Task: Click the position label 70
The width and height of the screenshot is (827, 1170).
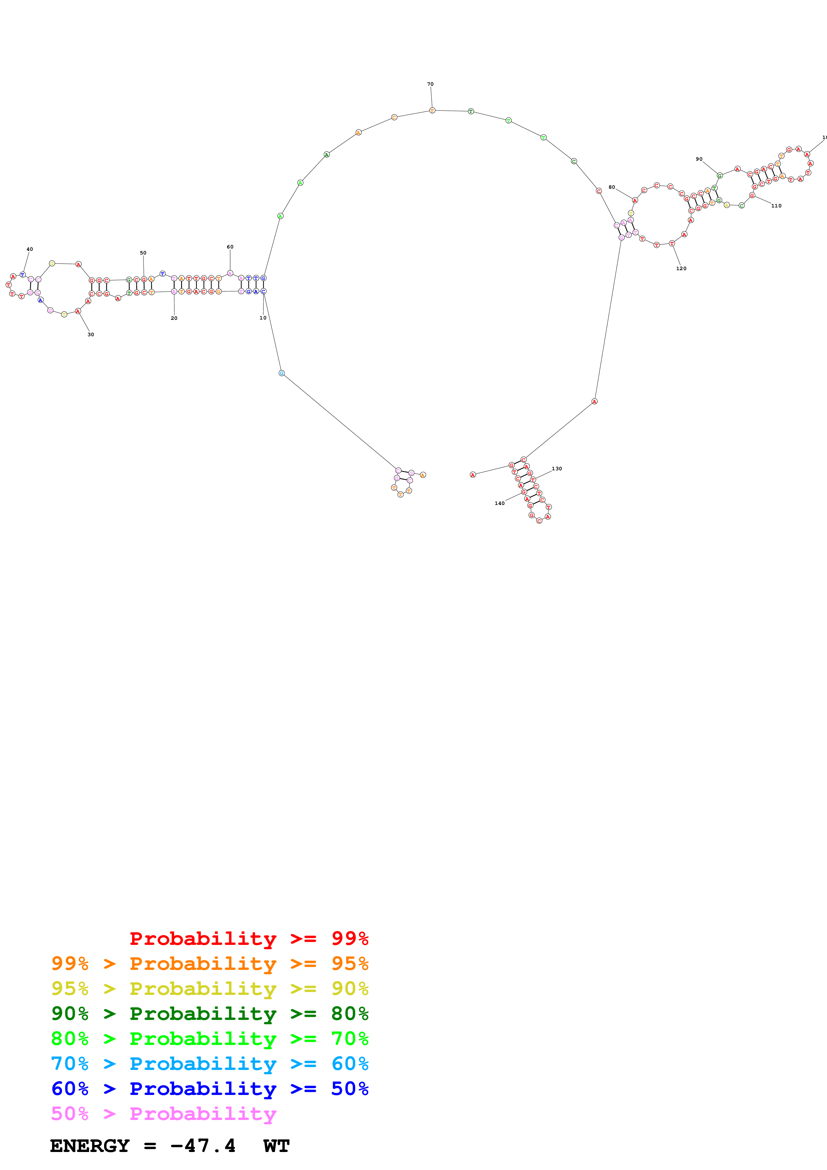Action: tap(430, 84)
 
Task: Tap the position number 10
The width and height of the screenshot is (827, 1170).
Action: tap(263, 318)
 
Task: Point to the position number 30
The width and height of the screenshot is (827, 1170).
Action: tap(91, 335)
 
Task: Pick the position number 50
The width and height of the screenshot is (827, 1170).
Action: tap(143, 253)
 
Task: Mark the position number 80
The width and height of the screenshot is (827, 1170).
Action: tap(611, 187)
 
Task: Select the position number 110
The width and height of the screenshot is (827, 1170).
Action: tap(776, 206)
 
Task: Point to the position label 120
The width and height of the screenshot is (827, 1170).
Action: tap(681, 268)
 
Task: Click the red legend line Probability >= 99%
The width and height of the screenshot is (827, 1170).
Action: tap(249, 939)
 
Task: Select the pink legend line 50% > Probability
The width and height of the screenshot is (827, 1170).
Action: tap(163, 1114)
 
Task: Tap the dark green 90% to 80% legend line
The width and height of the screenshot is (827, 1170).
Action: tap(210, 1014)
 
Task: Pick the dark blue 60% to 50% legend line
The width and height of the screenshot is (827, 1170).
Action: tap(210, 1089)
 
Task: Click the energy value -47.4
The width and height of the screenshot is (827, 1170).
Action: tap(203, 1146)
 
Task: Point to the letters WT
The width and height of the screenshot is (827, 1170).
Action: tap(277, 1146)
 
